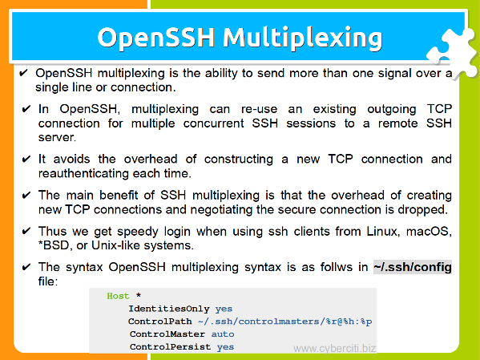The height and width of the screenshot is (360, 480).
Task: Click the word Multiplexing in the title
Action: pos(302,38)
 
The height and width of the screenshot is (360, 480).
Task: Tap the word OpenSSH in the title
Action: pos(155,38)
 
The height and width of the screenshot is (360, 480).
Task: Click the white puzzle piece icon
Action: pos(453,52)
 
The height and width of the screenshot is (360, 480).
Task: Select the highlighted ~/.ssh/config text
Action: pos(413,267)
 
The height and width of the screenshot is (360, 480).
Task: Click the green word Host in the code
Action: pos(118,296)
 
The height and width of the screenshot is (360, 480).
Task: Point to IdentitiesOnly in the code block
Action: pos(168,309)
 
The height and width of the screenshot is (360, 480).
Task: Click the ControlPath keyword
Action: pos(159,322)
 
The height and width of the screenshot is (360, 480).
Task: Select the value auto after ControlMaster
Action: pos(223,334)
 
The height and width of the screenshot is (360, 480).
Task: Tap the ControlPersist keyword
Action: pos(170,347)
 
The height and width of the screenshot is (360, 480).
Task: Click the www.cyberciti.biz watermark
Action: pos(335,348)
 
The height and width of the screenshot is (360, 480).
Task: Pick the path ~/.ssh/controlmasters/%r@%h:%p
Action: pos(285,322)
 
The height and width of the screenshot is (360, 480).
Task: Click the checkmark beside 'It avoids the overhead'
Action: pos(26,159)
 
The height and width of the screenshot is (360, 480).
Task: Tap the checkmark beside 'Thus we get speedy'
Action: pos(26,231)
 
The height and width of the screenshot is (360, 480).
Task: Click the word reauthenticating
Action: pos(84,174)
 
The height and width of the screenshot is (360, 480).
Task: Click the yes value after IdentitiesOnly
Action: pos(224,309)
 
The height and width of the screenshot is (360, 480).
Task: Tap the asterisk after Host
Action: pos(139,295)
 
